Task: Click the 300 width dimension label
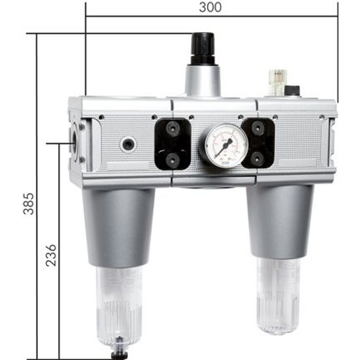coord(211,8)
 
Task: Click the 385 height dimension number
coord(28,204)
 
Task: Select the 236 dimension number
coord(51,255)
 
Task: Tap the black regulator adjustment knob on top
coord(203,49)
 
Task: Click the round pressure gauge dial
coord(226,145)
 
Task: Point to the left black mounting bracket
coord(172,144)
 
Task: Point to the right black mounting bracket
coord(258,143)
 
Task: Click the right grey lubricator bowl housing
coord(280,221)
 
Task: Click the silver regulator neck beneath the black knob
coord(202,81)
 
